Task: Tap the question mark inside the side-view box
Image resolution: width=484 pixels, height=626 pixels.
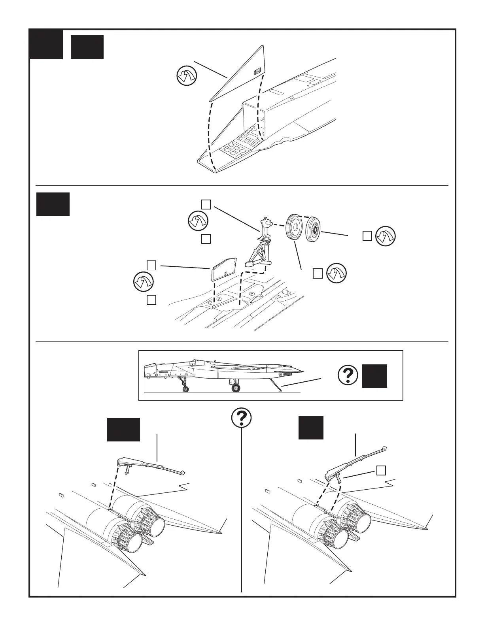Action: click(x=348, y=375)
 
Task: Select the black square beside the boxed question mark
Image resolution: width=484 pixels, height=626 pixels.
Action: click(x=374, y=376)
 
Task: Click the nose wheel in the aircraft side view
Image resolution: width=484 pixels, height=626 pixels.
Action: click(x=185, y=389)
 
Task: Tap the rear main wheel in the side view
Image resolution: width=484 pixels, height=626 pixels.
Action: click(x=236, y=388)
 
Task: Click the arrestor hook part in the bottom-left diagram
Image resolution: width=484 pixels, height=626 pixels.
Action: click(x=150, y=466)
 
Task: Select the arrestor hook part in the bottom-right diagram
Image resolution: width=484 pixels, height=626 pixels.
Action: click(x=354, y=460)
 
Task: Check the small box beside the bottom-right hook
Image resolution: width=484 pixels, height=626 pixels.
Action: click(x=381, y=470)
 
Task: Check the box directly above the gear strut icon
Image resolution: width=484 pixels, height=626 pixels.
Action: click(x=206, y=204)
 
